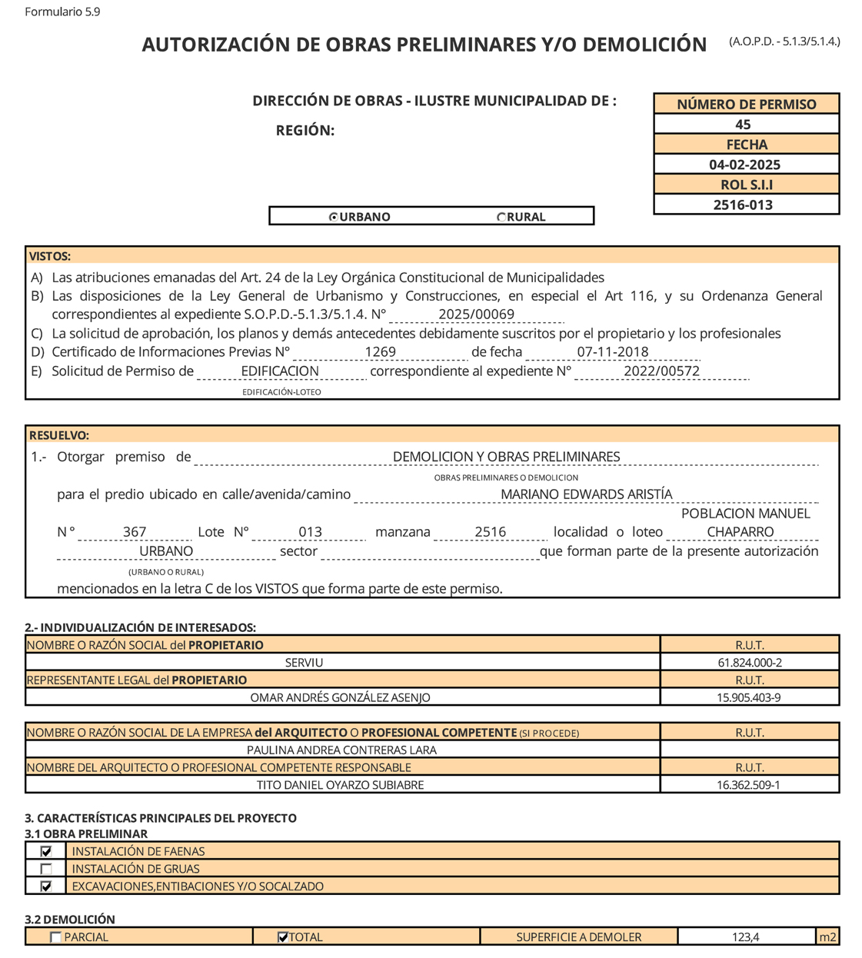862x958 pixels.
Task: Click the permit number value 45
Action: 743,125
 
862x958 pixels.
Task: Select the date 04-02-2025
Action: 744,165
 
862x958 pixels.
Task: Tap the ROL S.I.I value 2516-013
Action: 743,205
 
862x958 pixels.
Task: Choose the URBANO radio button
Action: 334,218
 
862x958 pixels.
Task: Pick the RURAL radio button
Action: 501,218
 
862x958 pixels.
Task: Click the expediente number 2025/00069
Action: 476,314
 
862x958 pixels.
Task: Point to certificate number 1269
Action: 380,352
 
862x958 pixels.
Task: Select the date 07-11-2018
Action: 612,352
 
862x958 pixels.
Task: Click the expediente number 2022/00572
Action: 661,371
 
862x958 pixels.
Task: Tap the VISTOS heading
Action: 50,257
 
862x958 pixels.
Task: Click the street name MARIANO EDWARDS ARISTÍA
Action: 586,494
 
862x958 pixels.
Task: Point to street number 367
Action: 135,532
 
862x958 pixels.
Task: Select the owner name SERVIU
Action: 304,663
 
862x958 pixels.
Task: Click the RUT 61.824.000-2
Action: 749,663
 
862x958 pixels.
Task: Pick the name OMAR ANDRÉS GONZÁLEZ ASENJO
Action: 340,698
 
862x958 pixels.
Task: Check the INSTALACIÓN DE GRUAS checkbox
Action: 47,869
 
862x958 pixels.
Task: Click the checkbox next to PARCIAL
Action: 55,937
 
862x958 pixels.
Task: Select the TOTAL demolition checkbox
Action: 282,937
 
